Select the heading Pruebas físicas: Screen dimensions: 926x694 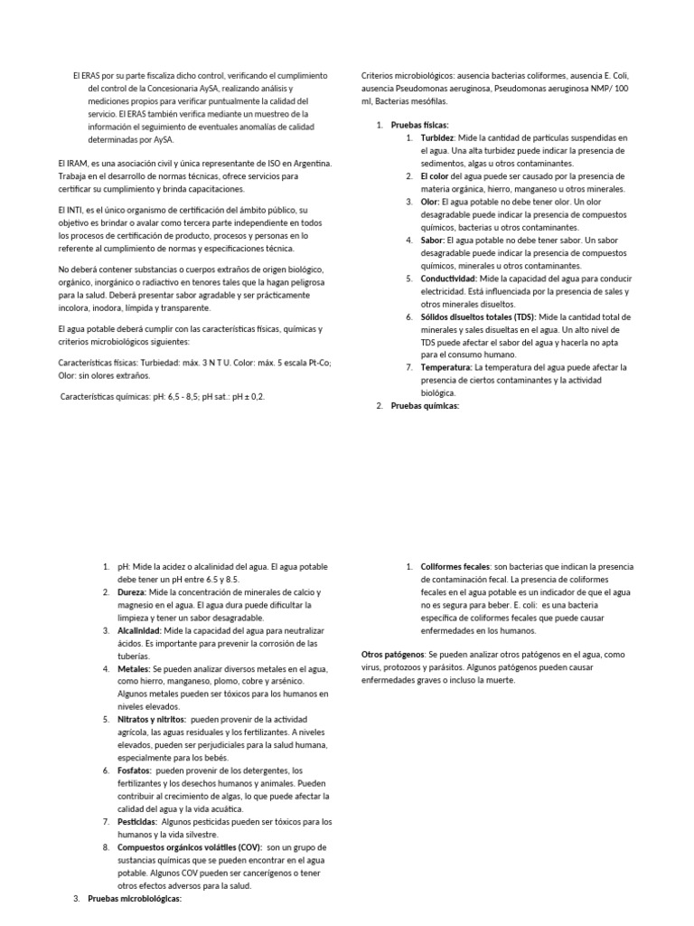coord(419,126)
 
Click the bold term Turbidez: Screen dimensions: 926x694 coord(438,138)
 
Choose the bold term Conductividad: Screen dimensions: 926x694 coord(449,279)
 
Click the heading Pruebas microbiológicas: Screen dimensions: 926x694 coord(135,899)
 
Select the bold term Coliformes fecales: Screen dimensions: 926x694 coord(455,567)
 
